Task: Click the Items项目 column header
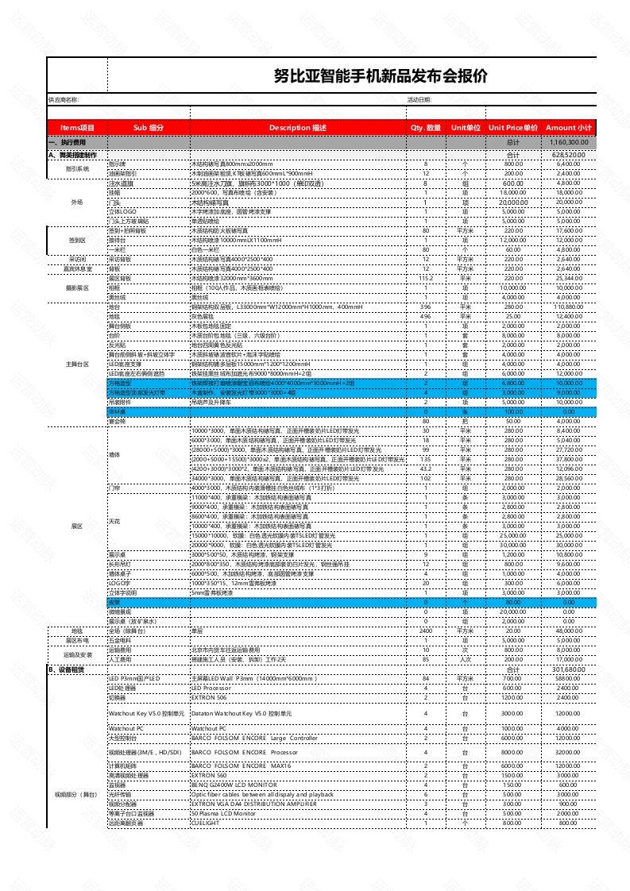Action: click(77, 128)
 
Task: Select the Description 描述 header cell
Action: click(297, 128)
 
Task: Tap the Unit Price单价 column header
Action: click(513, 128)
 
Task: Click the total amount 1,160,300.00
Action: click(569, 141)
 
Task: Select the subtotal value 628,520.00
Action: click(569, 155)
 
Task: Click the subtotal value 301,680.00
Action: click(569, 669)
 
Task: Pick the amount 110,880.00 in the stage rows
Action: click(568, 307)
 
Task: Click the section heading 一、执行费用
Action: click(66, 141)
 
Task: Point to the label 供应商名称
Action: click(64, 100)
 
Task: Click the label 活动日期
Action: click(419, 100)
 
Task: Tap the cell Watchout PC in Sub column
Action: click(126, 728)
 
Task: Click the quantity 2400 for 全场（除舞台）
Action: click(426, 631)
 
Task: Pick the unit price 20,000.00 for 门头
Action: click(513, 202)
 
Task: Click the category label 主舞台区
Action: click(77, 364)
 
